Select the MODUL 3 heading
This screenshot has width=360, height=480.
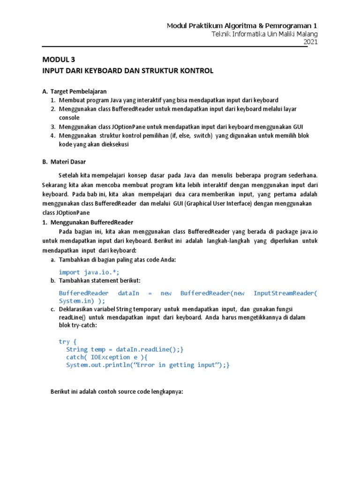[59, 60]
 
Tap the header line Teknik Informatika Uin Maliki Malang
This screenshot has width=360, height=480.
[264, 34]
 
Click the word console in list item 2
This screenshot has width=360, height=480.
[69, 118]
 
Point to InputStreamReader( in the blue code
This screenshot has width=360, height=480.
[285, 293]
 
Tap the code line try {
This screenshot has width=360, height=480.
[67, 341]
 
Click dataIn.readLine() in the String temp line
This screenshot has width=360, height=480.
[148, 349]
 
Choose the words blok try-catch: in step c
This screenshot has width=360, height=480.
[78, 326]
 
